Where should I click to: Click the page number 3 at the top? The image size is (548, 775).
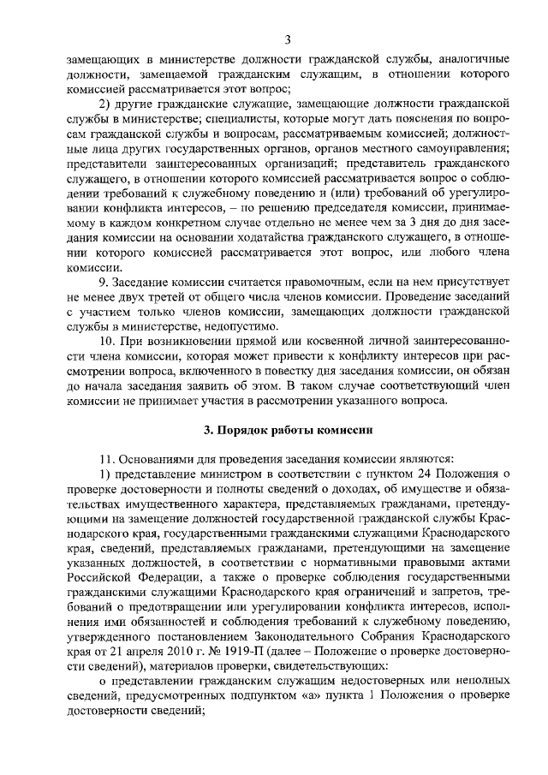[288, 39]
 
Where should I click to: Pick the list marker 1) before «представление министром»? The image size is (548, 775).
[104, 475]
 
